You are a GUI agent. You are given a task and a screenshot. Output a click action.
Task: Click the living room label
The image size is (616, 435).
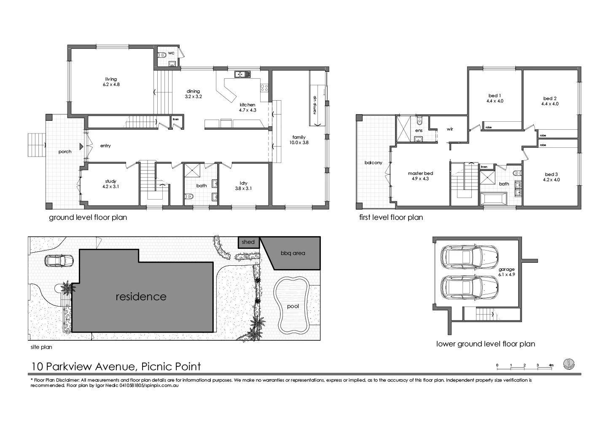111,82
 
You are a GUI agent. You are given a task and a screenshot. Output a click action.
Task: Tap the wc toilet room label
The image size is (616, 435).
171,53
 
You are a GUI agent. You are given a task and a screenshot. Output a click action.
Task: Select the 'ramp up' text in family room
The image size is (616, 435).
314,105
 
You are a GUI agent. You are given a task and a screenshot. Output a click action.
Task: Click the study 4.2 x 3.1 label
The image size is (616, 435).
110,184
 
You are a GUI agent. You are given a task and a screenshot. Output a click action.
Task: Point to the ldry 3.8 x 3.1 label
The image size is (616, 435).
243,186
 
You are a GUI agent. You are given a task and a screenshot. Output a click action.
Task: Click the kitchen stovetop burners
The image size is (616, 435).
264,88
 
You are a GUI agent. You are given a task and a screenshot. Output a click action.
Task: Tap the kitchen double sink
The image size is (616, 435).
242,75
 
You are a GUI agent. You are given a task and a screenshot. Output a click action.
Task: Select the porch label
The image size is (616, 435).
65,152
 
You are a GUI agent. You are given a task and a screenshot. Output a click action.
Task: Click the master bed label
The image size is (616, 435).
420,176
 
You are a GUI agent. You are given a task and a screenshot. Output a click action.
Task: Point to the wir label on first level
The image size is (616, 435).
449,129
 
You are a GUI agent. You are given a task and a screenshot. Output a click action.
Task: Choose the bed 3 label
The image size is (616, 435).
552,177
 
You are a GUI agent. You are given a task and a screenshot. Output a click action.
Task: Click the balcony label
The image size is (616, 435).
373,163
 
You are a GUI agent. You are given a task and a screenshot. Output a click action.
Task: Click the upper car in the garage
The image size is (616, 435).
469,256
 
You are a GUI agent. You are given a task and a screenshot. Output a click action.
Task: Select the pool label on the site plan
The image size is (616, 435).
293,306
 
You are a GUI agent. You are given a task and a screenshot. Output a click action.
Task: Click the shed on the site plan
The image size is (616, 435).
248,242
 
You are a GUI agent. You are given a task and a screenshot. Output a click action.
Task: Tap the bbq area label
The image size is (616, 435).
293,253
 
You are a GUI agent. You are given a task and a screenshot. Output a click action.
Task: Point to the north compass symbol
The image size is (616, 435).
569,364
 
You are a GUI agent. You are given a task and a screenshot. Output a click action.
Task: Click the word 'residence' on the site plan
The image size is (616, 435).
141,296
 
